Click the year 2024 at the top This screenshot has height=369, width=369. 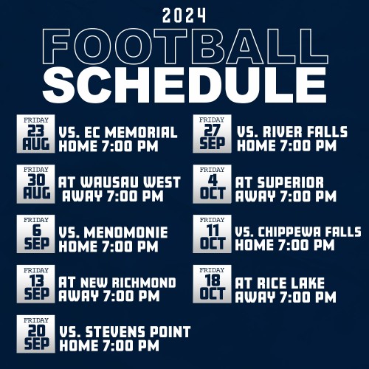184,15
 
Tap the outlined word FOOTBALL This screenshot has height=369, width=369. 185,46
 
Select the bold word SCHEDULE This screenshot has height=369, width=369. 184,84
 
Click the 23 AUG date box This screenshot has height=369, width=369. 35,134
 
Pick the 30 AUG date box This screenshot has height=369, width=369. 35,184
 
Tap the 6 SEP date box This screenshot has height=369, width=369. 35,234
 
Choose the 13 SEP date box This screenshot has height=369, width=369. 35,284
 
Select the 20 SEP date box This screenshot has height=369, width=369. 35,334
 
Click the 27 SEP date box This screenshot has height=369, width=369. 212,134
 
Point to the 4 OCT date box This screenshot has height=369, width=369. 212,184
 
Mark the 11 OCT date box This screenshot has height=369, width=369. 212,234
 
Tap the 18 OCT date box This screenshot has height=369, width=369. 212,284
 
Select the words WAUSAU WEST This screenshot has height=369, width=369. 131,182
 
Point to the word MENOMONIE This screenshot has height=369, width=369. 125,232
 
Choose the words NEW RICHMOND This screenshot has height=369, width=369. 128,283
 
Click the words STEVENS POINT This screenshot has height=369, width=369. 138,332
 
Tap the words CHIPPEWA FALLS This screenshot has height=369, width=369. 310,232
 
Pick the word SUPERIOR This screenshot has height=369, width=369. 291,183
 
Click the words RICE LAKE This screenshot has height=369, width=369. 291,283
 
